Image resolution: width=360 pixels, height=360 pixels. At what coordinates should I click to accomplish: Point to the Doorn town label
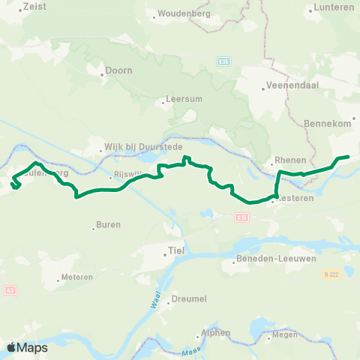(x=118, y=71)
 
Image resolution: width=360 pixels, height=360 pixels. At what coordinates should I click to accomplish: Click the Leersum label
(x=181, y=100)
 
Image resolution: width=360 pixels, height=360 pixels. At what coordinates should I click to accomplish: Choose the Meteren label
(x=77, y=277)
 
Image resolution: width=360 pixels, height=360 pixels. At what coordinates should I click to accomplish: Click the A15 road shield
(x=240, y=217)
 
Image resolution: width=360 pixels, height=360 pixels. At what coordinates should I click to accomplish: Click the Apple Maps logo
(x=27, y=347)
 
